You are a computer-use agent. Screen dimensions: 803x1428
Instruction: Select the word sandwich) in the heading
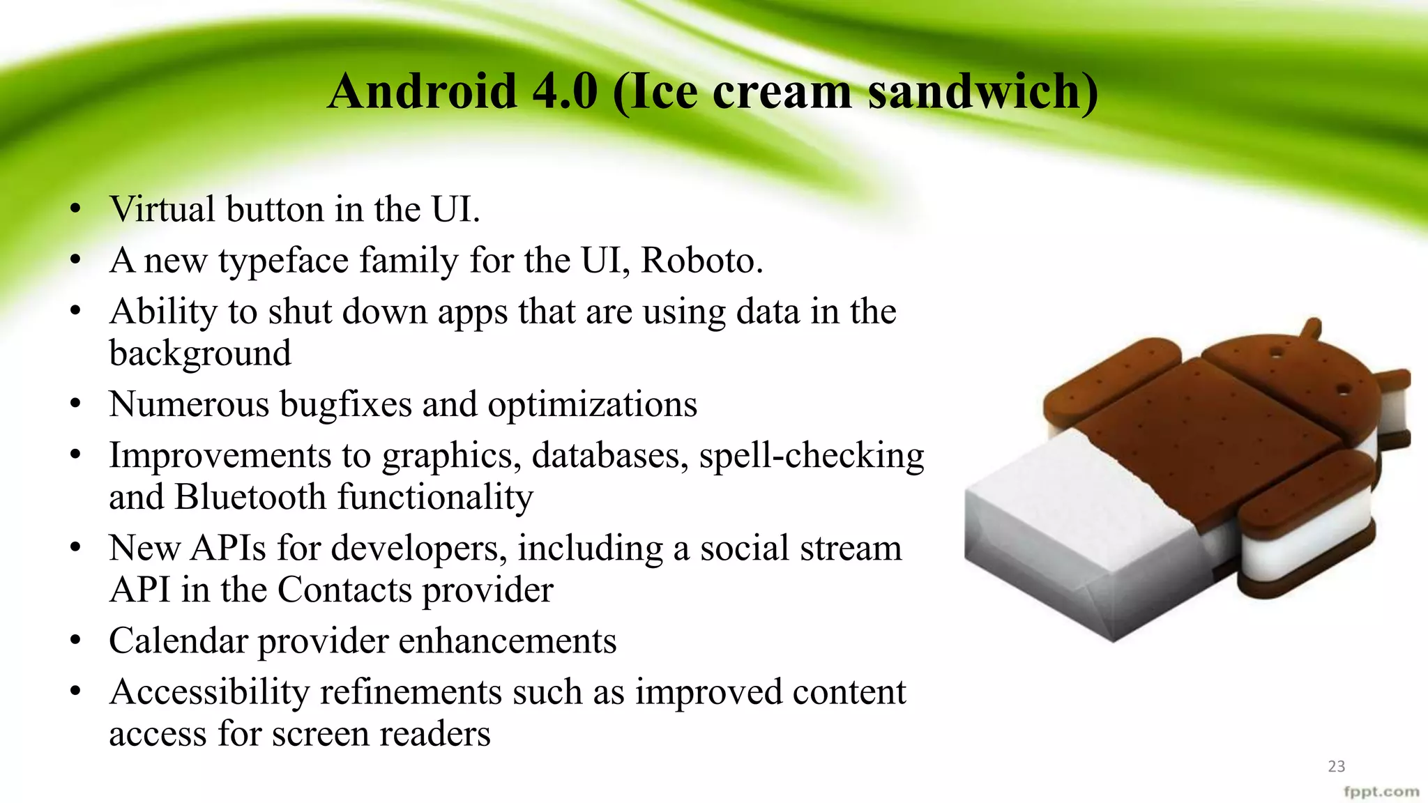(x=983, y=91)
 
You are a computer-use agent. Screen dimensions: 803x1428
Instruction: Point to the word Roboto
(x=701, y=261)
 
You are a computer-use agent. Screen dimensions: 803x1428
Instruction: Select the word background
(x=200, y=353)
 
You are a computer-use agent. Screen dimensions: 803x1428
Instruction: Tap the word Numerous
(x=189, y=404)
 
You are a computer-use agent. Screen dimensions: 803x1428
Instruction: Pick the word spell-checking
(x=812, y=457)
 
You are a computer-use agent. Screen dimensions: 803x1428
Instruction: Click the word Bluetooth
(x=250, y=497)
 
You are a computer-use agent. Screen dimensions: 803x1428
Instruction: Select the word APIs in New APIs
(x=229, y=548)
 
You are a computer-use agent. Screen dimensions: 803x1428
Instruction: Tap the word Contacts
(x=345, y=590)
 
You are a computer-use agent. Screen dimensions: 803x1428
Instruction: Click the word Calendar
(x=178, y=641)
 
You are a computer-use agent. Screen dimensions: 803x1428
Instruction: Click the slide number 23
(x=1336, y=766)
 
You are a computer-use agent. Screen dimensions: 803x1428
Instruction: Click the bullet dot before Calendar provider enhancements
(x=76, y=640)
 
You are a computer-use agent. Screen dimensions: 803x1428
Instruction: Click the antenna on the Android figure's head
(x=1312, y=328)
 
